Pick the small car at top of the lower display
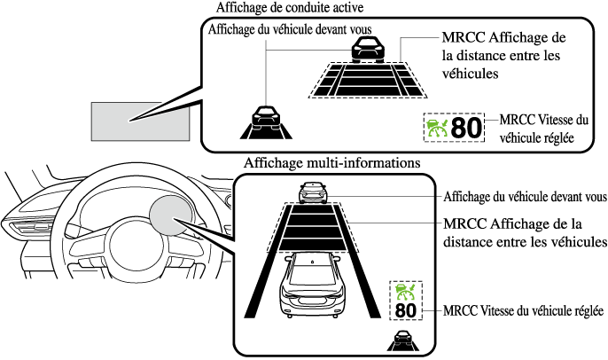point(313,192)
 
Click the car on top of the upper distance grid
point(366,51)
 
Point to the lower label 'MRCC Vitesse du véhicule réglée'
point(523,311)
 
